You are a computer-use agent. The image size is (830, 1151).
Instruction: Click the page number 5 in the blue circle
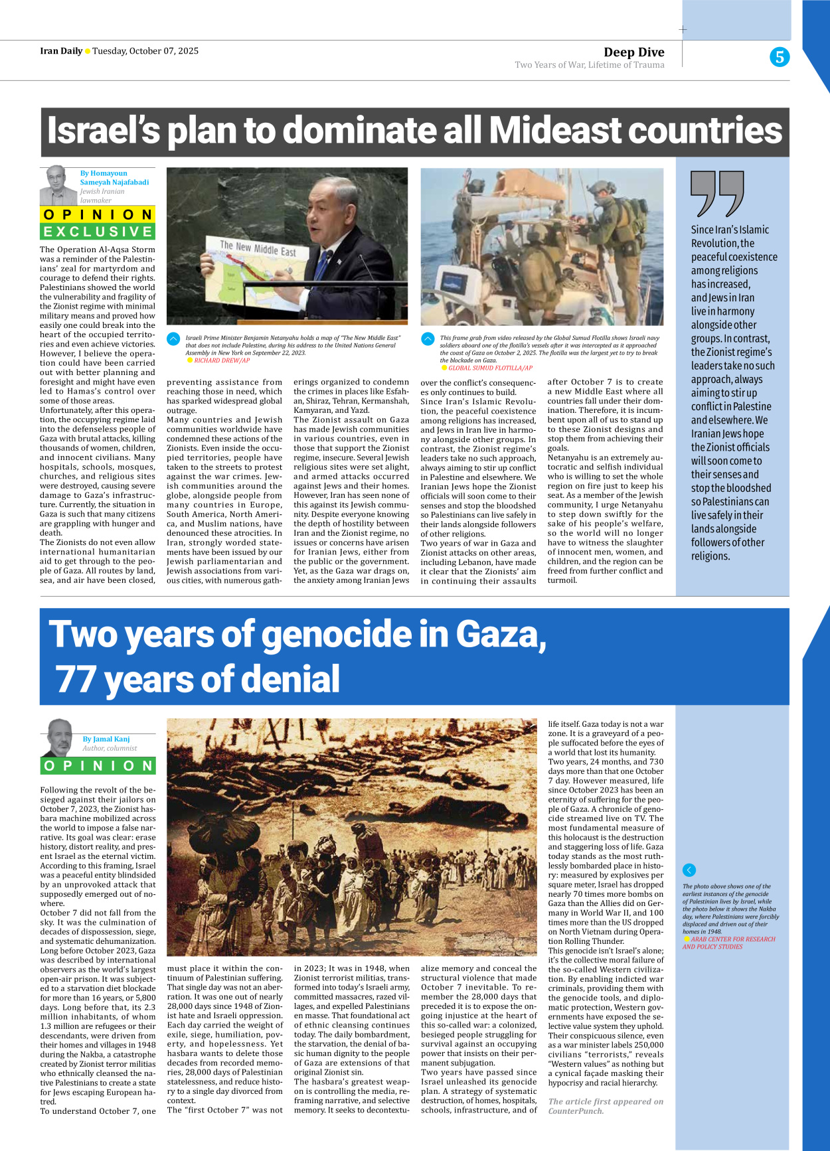tap(780, 57)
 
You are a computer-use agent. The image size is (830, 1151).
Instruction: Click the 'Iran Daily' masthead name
tap(61, 51)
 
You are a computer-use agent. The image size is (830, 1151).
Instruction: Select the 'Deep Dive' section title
tap(633, 52)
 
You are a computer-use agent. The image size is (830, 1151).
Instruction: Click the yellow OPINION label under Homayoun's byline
tap(98, 214)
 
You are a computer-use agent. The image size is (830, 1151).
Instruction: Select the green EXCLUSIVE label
tap(98, 231)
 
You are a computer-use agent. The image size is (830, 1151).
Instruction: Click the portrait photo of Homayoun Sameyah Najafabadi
tap(58, 185)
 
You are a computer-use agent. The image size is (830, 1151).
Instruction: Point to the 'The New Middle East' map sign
tap(258, 250)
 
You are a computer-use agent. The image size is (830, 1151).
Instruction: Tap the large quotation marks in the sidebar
tap(717, 193)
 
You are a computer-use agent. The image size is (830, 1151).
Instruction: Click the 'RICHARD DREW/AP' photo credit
tap(222, 360)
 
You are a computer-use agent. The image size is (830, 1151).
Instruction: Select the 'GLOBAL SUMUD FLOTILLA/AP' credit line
tap(490, 368)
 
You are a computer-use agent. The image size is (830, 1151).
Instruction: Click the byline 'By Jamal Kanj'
tap(106, 739)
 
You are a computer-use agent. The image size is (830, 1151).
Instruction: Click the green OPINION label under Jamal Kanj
tap(98, 765)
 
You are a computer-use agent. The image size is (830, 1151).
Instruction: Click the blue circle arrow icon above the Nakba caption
tap(689, 870)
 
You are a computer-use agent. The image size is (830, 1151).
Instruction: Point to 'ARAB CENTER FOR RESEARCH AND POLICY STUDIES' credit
tap(728, 943)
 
